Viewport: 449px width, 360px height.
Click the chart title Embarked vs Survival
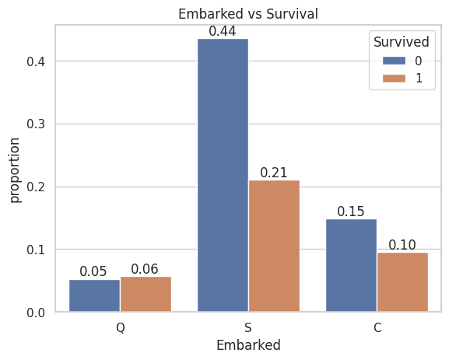click(248, 14)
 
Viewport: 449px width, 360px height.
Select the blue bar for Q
click(94, 295)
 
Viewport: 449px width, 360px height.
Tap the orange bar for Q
click(146, 294)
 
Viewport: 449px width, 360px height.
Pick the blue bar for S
click(223, 175)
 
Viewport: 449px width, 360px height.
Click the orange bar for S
click(275, 246)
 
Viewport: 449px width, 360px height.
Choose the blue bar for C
click(352, 265)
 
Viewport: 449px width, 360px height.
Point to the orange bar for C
click(402, 282)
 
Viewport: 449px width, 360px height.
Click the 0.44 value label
click(223, 31)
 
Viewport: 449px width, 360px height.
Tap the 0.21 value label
click(274, 173)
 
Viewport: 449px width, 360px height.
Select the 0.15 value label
click(351, 211)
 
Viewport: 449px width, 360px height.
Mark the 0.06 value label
click(145, 269)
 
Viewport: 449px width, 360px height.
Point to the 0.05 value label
click(93, 271)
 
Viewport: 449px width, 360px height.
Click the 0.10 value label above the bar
click(402, 245)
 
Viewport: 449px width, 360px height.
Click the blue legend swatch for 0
click(394, 61)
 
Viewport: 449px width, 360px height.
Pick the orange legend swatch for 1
click(394, 78)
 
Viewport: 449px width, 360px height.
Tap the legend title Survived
click(402, 42)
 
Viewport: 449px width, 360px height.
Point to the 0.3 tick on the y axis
click(36, 124)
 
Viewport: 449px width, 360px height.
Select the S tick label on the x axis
click(248, 327)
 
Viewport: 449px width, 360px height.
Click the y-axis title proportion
click(15, 170)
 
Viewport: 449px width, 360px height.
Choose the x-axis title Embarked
click(248, 344)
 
